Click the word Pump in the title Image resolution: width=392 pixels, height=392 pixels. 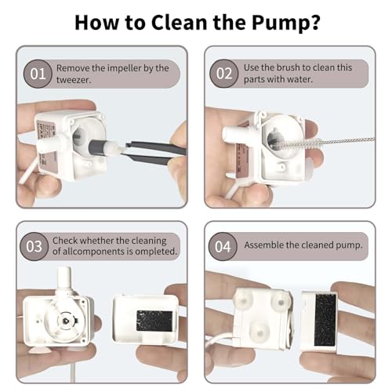pyautogui.click(x=282, y=24)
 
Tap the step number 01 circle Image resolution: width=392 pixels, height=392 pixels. pyautogui.click(x=38, y=74)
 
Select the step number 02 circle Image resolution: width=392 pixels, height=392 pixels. pyautogui.click(x=224, y=74)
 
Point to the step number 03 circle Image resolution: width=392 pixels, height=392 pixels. pyautogui.click(x=34, y=246)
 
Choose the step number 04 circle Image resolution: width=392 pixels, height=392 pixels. pyautogui.click(x=223, y=246)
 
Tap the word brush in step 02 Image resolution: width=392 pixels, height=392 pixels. pyautogui.click(x=288, y=67)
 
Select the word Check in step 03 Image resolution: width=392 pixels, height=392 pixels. pyautogui.click(x=64, y=241)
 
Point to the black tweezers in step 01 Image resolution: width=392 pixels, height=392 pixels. pyautogui.click(x=154, y=151)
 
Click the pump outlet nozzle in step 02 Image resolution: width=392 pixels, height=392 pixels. pyautogui.click(x=233, y=133)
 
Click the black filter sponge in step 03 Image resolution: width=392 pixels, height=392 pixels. pyautogui.click(x=154, y=321)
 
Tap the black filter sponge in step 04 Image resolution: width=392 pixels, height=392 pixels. pyautogui.click(x=325, y=319)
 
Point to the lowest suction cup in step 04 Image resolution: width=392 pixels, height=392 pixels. pyautogui.click(x=260, y=331)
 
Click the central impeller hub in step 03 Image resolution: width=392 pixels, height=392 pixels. pyautogui.click(x=66, y=321)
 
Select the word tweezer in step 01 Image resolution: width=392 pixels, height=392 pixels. pyautogui.click(x=74, y=80)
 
